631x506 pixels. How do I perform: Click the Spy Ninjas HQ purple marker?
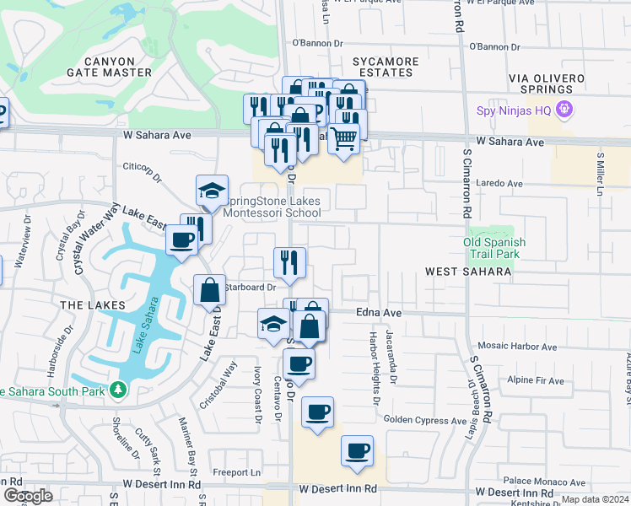coord(565,110)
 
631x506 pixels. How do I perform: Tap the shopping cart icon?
coord(342,137)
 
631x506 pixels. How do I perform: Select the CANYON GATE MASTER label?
coord(105,67)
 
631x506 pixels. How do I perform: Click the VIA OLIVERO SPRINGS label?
coord(546,83)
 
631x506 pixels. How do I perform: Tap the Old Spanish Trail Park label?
coord(494,248)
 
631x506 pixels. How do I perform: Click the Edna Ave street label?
coord(377,312)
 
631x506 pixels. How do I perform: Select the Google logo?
coord(28,496)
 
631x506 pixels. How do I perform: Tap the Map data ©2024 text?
coord(595,499)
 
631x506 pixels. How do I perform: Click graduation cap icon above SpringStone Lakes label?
coord(213,190)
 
